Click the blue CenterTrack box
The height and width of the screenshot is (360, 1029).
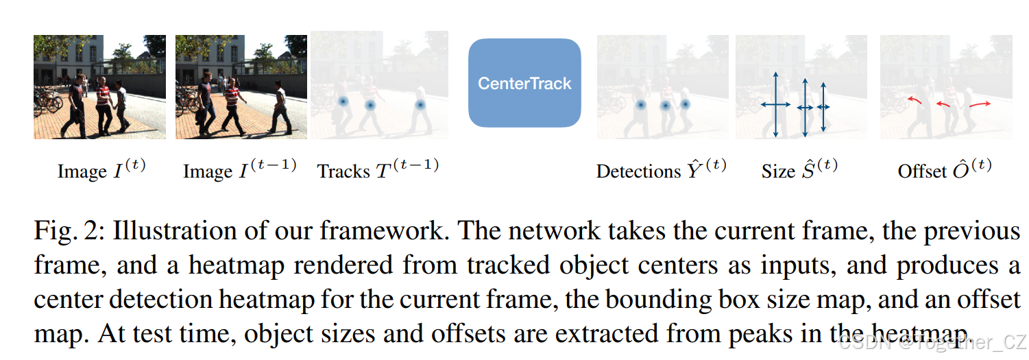524,84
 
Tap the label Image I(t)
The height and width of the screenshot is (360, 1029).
101,170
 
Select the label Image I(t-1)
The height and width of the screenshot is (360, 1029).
239,170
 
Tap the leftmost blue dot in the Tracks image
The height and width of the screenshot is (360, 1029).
343,101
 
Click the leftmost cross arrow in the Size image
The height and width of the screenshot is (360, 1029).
775,105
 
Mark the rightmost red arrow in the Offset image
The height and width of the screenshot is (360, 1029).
979,104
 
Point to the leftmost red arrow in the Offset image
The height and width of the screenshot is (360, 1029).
914,101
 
